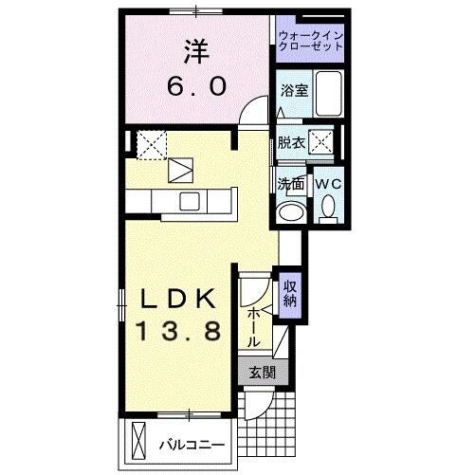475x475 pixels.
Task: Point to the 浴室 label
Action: click(293, 91)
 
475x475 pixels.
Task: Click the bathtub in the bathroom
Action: click(328, 94)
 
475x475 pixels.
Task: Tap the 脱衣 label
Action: click(291, 144)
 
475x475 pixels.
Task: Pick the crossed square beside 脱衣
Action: click(322, 143)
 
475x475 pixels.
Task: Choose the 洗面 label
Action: click(290, 184)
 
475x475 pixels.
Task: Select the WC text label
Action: click(328, 183)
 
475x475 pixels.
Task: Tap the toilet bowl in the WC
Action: click(328, 206)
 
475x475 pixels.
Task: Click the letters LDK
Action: click(184, 299)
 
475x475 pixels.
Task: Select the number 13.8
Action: click(184, 332)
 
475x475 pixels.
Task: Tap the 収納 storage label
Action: click(291, 293)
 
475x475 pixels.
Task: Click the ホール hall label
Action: click(255, 325)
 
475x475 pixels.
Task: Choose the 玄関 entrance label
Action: click(261, 373)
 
